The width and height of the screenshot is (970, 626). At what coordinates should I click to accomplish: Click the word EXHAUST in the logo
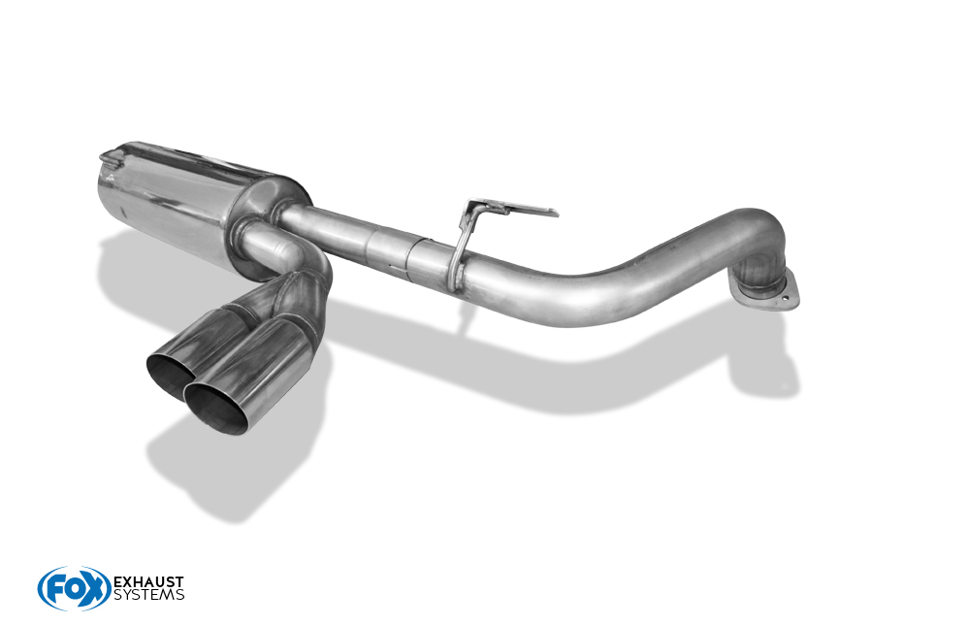[x=148, y=582]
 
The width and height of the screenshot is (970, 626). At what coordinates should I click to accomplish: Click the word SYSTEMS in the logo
[x=148, y=595]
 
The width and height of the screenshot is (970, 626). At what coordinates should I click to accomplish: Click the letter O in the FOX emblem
[x=76, y=588]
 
